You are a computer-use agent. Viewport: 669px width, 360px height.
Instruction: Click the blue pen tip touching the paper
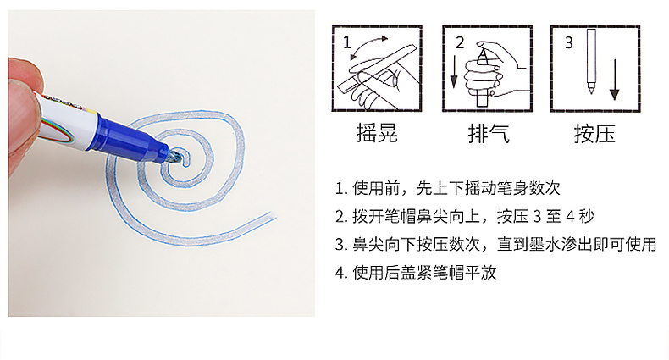pos(175,157)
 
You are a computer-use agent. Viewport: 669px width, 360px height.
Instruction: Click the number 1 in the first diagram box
pos(347,42)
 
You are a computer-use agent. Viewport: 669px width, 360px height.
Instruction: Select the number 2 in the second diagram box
pos(460,43)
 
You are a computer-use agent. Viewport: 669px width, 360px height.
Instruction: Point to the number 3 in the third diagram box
pos(569,43)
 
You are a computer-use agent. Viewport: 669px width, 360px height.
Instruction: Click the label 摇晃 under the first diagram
pos(377,133)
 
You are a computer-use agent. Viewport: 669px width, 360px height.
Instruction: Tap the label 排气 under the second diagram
pos(489,134)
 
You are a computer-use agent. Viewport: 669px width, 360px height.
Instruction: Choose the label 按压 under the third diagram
pos(594,134)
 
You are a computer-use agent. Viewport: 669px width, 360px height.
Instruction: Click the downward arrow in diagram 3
pos(615,80)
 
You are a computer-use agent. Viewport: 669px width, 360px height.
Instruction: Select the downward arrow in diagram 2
pos(454,72)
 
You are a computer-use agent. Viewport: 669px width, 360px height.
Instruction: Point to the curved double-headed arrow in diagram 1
pos(369,46)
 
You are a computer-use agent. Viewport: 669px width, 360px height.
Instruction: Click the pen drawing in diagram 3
pos(591,61)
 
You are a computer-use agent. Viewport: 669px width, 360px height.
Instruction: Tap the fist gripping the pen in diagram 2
pos(482,78)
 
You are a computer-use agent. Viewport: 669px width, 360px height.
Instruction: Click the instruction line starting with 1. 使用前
pos(448,188)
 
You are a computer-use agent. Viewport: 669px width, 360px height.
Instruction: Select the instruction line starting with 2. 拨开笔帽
pos(465,217)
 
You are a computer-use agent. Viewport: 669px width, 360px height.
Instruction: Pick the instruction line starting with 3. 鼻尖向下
pos(495,245)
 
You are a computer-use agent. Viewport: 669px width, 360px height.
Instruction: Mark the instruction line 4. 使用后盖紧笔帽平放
pos(416,272)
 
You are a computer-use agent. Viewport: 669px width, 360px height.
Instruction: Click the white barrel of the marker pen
pos(69,122)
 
